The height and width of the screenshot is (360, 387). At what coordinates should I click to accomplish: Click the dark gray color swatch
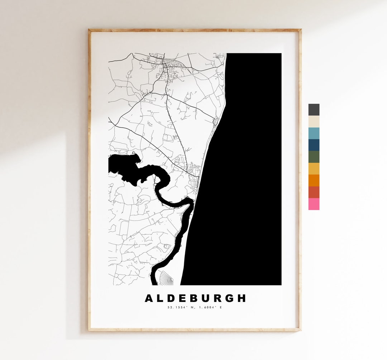coord(314,110)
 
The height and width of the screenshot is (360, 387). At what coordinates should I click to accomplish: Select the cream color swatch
coord(314,122)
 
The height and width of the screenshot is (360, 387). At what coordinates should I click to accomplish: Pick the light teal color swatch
coord(314,133)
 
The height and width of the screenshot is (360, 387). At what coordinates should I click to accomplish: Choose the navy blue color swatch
coord(314,145)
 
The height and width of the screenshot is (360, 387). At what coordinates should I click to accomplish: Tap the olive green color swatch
coord(314,157)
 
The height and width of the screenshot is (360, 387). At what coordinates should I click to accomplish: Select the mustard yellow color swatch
coord(314,169)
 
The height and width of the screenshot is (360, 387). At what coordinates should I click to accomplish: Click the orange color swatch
coord(314,180)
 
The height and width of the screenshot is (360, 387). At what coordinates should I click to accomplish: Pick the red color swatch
coord(314,192)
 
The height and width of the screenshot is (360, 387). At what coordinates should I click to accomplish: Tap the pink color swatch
coord(314,204)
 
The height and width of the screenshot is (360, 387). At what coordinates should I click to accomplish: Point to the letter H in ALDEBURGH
coord(242,298)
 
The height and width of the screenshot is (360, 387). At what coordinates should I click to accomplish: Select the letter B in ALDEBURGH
coord(195,298)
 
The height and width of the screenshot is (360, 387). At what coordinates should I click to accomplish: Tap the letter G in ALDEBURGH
coord(230,298)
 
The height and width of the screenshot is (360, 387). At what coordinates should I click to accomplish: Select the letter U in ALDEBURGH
coord(207,298)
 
